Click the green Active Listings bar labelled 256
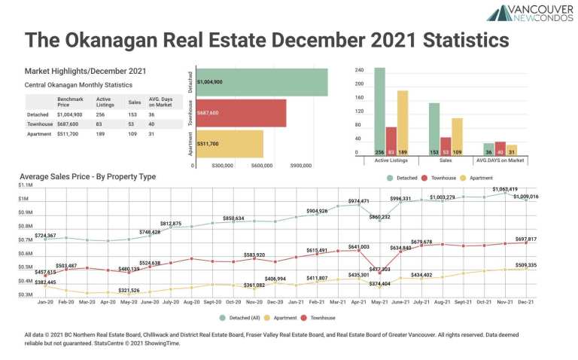[380, 111]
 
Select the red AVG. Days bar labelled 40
[500, 148]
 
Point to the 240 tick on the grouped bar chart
[359, 70]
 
